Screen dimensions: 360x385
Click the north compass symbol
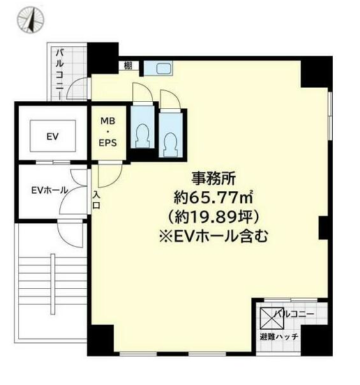[31, 20]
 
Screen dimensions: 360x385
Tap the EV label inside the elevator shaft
[52, 136]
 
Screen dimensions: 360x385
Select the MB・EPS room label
[107, 132]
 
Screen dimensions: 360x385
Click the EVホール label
[49, 190]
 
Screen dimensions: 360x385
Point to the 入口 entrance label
[96, 200]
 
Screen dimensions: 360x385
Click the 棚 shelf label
[128, 66]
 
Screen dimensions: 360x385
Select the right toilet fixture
[171, 144]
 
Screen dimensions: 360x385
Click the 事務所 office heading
[213, 179]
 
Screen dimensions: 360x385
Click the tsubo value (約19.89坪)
[213, 216]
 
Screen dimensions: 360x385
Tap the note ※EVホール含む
[213, 236]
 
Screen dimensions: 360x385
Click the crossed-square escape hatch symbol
[272, 318]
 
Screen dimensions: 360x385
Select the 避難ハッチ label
[279, 336]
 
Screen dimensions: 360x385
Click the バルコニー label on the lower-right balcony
[294, 313]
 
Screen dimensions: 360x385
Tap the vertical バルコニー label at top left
[60, 73]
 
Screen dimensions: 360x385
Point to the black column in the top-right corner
[317, 72]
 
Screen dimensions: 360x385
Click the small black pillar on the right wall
[324, 227]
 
